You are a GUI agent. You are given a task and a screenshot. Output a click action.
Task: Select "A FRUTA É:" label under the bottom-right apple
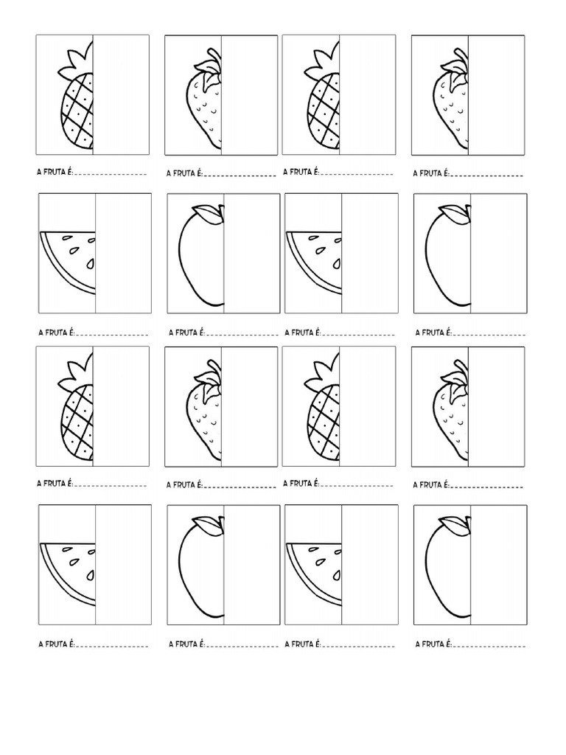[x=432, y=644]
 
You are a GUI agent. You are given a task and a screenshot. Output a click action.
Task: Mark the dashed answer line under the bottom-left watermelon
[x=112, y=646]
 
